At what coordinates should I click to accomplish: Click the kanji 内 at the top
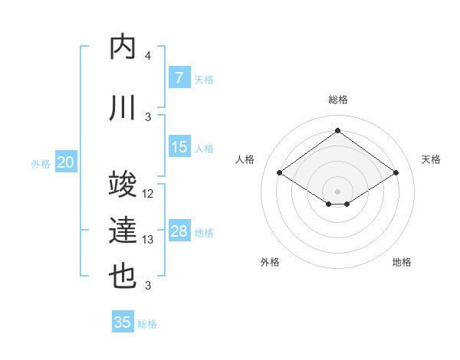[123, 47]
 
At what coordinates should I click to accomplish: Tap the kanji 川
[123, 108]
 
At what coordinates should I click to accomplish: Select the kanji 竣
[123, 184]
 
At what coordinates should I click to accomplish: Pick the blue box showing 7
[179, 78]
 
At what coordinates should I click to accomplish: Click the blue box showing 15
[179, 148]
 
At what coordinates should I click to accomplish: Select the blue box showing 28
[179, 232]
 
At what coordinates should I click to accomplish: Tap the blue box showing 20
[66, 162]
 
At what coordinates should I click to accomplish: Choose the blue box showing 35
[123, 322]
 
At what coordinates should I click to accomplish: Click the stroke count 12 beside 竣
[148, 194]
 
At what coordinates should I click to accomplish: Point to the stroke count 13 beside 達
[148, 240]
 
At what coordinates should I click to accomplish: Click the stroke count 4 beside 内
[148, 56]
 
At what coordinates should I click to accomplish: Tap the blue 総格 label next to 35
[147, 324]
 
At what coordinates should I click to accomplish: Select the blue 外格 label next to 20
[41, 163]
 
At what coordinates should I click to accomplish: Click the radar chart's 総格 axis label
[338, 100]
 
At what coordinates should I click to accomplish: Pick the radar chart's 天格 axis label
[432, 159]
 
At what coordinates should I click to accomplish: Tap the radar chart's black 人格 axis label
[245, 159]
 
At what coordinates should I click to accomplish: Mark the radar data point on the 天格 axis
[396, 173]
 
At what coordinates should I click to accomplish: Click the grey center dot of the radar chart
[337, 191]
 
